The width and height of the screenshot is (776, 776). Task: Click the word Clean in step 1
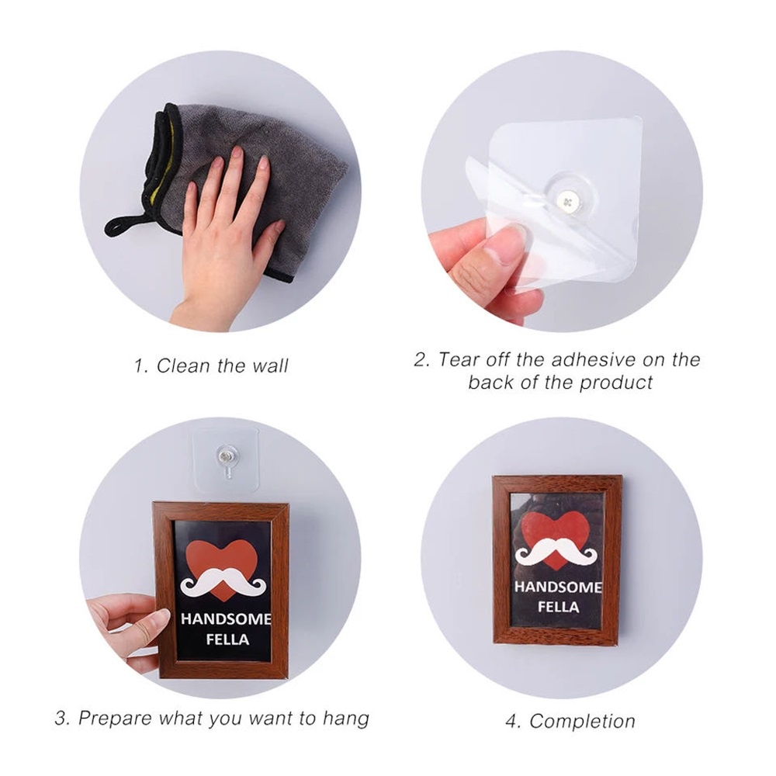pos(184,365)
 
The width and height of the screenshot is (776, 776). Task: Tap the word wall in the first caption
pos(269,365)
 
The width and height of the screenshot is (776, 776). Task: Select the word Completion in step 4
pos(582,721)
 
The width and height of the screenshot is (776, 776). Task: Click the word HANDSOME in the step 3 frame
pos(225,619)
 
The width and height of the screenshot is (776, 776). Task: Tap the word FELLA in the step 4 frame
pos(557,607)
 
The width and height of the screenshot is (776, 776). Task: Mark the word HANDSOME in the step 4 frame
pos(558,587)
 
